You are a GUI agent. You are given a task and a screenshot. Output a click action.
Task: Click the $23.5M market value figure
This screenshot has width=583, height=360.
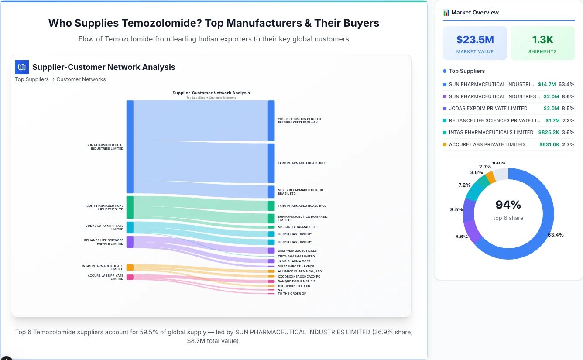[x=475, y=40]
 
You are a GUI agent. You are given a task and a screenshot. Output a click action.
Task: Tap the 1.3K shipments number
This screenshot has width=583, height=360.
[x=542, y=40]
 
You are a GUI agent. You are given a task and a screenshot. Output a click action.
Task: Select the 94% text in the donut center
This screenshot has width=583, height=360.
[x=508, y=205]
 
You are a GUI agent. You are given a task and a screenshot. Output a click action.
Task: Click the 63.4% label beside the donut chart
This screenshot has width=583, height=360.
[x=556, y=235]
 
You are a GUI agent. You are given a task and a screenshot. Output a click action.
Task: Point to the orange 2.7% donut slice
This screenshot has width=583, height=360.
[x=491, y=177]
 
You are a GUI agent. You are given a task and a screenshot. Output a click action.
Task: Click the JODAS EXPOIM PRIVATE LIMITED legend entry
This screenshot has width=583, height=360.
[x=488, y=108]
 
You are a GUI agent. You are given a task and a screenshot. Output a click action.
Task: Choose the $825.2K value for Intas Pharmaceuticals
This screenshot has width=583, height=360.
[x=548, y=132]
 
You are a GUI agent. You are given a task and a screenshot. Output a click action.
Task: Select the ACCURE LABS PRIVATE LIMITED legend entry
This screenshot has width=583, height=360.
[x=487, y=144]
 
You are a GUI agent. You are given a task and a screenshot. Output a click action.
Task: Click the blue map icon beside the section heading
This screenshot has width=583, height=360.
[x=22, y=67]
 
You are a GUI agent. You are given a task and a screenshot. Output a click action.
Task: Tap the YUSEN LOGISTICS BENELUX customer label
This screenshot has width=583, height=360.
[x=299, y=121]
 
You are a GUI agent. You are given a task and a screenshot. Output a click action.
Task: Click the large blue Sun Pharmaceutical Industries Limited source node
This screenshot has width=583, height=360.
[x=130, y=147]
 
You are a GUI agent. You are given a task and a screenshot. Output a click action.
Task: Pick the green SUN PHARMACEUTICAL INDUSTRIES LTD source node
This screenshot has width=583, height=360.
[x=130, y=207]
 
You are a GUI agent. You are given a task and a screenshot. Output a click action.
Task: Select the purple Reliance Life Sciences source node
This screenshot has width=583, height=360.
[x=130, y=242]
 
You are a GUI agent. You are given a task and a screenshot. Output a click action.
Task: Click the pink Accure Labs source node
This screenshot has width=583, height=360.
[x=130, y=277]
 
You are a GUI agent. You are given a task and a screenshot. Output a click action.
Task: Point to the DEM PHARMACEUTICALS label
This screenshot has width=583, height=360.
[x=297, y=251]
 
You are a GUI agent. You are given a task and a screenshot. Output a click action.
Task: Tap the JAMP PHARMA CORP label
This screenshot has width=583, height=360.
[x=294, y=261]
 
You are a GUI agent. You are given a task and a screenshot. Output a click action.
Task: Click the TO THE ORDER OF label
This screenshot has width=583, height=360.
[x=292, y=294]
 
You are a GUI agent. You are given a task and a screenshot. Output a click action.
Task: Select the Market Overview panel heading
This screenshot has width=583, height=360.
[x=475, y=13]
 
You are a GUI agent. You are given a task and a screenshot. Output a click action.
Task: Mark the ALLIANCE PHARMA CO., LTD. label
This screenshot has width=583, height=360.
[x=300, y=271]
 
